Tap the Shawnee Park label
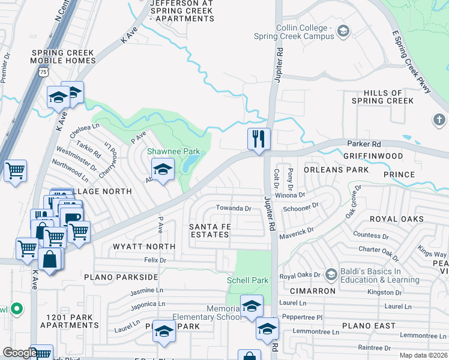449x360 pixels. (173, 152)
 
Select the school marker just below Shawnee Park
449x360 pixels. (163, 170)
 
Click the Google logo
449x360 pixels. (20, 353)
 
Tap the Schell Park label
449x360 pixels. (247, 280)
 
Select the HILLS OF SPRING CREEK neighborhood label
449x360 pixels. (383, 97)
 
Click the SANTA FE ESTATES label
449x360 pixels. (209, 230)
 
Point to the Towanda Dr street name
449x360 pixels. (234, 208)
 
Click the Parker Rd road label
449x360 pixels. (364, 145)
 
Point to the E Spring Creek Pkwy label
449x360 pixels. (412, 63)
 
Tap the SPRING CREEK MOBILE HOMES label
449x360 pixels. (63, 57)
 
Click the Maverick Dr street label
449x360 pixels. (297, 231)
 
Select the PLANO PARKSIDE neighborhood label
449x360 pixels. (121, 277)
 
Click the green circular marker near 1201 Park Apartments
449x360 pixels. (17, 310)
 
